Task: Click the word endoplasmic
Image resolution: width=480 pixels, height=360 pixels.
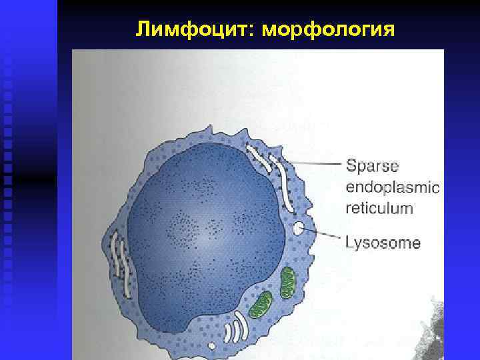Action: point(392,187)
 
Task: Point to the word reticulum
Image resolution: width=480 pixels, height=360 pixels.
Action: point(379,208)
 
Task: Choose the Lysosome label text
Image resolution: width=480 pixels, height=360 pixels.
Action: point(382,242)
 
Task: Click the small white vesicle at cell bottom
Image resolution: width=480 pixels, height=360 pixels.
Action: point(212,345)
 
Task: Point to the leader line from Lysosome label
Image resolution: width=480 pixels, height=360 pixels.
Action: point(323,235)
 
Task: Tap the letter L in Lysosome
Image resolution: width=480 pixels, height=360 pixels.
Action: point(349,242)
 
